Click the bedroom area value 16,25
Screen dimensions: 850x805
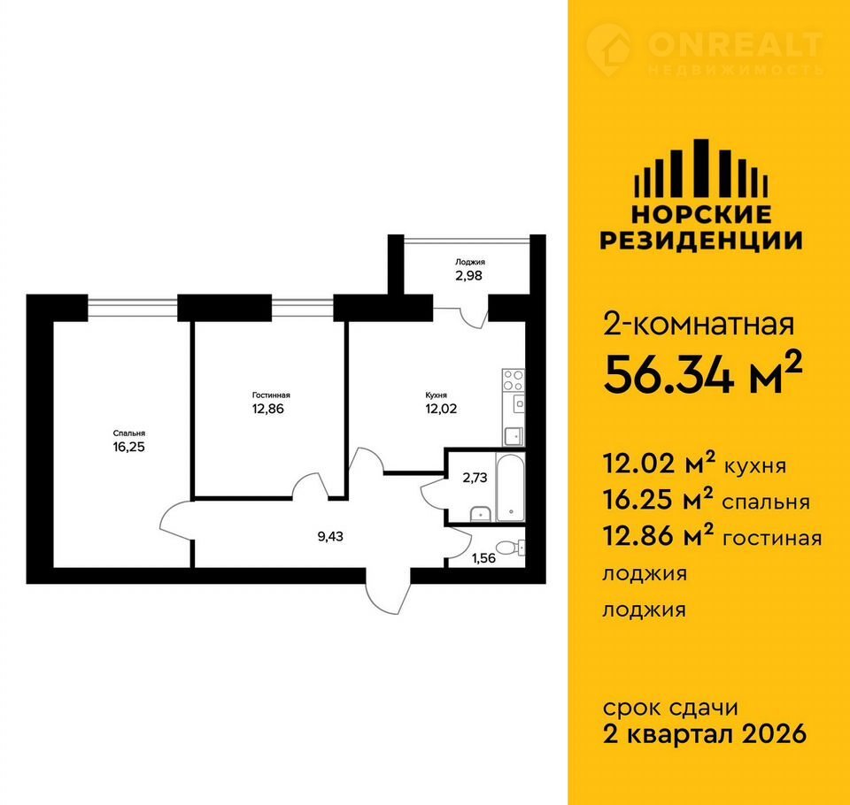(129, 447)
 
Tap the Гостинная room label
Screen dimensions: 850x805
(271, 395)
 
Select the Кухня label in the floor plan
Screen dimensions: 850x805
(437, 395)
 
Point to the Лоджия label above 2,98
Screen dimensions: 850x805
(470, 262)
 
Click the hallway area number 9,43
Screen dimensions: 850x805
(330, 537)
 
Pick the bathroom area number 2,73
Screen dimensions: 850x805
(475, 478)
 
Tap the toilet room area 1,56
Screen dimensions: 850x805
(483, 558)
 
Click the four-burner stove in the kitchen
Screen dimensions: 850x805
(514, 379)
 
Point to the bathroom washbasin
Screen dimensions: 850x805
(480, 513)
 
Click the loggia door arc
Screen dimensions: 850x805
(473, 318)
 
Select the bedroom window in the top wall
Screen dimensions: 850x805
(133, 308)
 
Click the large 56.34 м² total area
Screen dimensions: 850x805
(703, 374)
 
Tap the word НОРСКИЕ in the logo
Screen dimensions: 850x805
(701, 215)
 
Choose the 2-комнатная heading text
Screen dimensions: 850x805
(699, 325)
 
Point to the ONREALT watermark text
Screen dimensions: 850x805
(735, 44)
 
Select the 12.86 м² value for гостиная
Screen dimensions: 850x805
(658, 537)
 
